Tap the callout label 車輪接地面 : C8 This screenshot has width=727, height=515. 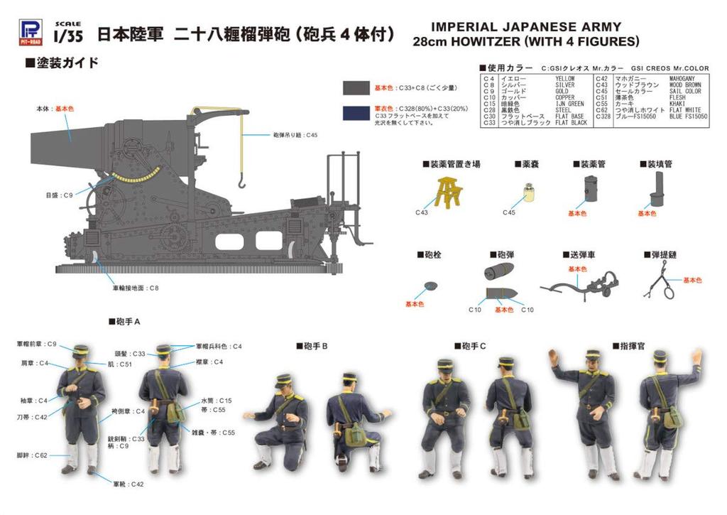click(135, 288)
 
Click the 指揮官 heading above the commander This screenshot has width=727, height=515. click(624, 346)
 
